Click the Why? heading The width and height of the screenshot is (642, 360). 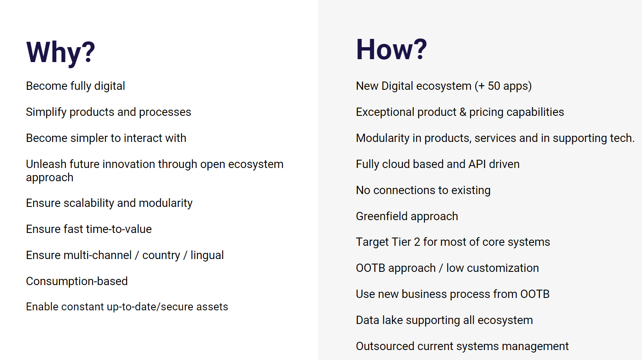coord(60,53)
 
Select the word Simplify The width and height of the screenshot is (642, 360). coord(46,112)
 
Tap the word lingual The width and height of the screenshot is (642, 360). coord(207,255)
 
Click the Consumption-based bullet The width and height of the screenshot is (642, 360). coord(77,281)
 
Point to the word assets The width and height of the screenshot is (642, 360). coord(212,307)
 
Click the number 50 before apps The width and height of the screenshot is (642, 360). coord(494,86)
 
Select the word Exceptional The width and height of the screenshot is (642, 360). coord(385,112)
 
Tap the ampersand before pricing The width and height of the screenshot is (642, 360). coord(463,112)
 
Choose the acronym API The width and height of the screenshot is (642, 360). coord(477,164)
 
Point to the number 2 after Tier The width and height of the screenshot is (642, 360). coord(417,242)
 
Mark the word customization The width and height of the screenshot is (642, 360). coord(503,268)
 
